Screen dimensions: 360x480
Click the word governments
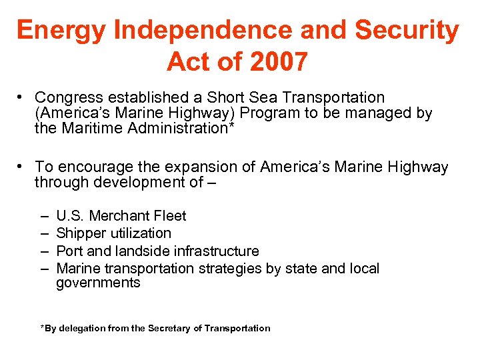98,283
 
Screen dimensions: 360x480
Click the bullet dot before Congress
22,98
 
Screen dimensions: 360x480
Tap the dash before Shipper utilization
43,233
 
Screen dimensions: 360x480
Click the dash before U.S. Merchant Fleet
43,216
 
